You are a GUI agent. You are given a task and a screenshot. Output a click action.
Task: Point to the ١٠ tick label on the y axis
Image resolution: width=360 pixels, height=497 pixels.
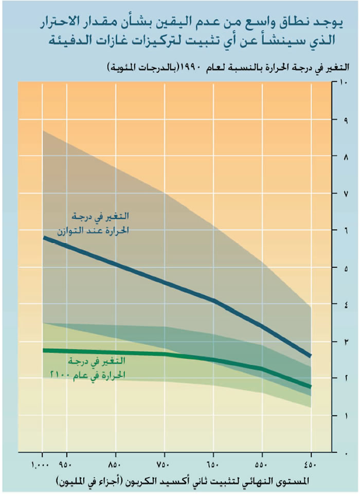[343, 82]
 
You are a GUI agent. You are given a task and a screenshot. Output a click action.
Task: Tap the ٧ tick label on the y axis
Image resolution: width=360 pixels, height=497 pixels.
[343, 193]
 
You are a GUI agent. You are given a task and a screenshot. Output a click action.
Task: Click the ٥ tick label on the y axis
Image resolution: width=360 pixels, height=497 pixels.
[343, 268]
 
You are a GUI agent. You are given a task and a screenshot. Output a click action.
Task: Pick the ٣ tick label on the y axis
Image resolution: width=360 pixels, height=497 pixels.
[343, 342]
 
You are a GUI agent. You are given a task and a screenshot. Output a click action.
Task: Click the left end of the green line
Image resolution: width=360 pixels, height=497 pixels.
[44, 350]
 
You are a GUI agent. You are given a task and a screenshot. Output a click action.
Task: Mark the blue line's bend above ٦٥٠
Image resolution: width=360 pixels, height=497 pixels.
[213, 300]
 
